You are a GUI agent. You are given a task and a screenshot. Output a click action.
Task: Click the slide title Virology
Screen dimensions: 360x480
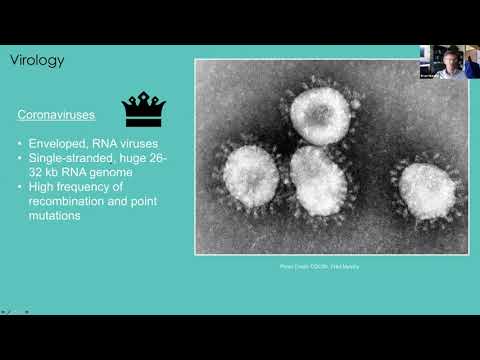(37, 60)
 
